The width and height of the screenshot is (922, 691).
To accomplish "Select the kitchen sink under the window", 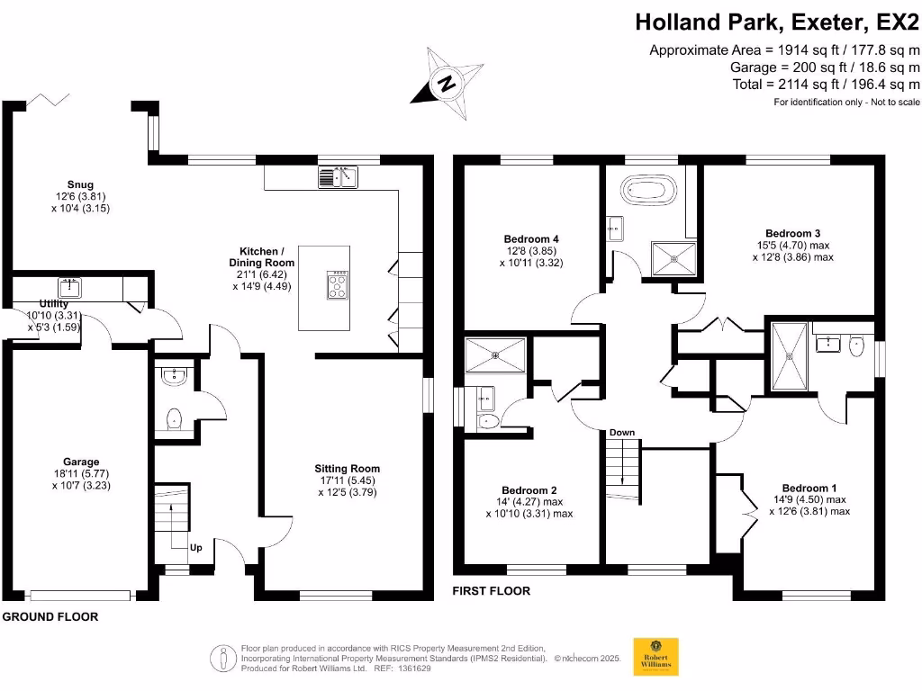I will (338, 177).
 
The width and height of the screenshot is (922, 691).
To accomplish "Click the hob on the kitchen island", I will (339, 285).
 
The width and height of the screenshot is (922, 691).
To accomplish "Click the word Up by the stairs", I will (195, 547).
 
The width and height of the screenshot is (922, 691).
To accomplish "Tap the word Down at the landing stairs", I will (622, 433).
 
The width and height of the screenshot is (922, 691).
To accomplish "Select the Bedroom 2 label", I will (529, 502).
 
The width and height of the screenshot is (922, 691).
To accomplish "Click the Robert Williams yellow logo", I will (656, 657).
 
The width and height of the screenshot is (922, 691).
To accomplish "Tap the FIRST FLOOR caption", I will (492, 591).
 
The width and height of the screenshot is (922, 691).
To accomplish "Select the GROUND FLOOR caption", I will (50, 616).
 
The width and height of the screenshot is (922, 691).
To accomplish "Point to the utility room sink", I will (69, 288).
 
